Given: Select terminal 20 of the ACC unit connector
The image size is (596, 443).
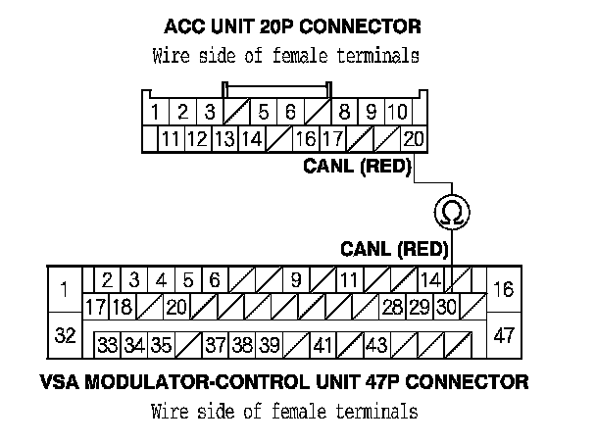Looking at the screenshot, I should click(414, 139).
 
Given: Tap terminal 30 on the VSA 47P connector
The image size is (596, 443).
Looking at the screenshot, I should click(447, 307).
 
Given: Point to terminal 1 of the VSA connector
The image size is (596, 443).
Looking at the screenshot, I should click(65, 289).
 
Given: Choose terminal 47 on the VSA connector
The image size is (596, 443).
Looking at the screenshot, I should click(504, 335).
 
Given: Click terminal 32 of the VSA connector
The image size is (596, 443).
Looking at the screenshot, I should click(65, 335).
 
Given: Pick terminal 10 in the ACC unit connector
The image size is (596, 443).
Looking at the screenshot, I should click(397, 112).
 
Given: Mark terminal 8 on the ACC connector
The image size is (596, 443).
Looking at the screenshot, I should click(345, 112).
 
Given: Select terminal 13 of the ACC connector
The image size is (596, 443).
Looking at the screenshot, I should click(223, 139).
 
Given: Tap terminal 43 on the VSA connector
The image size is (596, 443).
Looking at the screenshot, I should click(375, 345).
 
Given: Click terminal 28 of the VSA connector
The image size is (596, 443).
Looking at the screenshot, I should click(392, 307).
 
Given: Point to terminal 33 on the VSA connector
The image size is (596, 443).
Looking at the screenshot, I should click(107, 345).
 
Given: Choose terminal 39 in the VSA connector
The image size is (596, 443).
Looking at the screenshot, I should click(271, 345).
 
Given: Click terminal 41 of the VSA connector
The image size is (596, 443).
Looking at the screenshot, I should click(323, 345).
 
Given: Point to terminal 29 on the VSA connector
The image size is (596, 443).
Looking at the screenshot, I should click(420, 307).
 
